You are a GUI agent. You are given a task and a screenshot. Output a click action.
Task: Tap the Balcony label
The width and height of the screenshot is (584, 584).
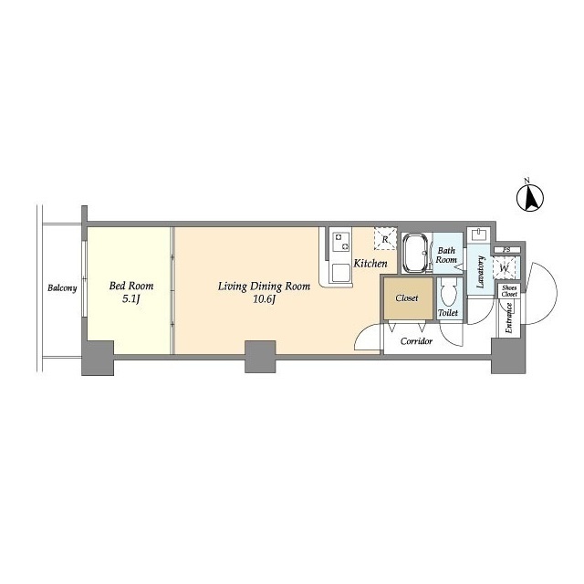[x=62, y=288]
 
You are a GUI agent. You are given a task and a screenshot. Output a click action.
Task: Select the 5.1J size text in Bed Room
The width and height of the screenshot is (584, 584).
[x=130, y=298]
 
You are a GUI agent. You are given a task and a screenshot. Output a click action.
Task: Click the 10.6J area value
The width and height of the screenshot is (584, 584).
[x=264, y=299]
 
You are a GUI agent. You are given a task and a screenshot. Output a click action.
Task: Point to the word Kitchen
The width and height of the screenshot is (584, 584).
[x=370, y=264]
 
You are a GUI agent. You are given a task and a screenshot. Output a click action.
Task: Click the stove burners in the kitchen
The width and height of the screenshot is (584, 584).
[x=341, y=241]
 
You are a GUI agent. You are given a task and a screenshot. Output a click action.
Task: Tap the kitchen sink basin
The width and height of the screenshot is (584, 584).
[x=341, y=273]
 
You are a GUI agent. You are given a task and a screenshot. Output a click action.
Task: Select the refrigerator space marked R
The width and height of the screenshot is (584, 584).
[x=385, y=238]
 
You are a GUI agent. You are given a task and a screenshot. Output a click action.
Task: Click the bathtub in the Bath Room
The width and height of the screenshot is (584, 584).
[x=416, y=254]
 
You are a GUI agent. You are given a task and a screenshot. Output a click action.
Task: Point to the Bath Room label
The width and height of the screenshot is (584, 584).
[x=446, y=255]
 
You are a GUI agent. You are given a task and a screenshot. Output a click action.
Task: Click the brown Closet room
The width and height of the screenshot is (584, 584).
[x=408, y=298]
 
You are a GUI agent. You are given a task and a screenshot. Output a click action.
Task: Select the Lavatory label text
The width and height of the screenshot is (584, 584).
[x=481, y=272]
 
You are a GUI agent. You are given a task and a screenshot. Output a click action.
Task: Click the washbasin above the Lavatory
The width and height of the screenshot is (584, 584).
[x=480, y=235]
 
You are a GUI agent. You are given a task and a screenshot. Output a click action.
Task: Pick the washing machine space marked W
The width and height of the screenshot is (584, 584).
[x=505, y=267]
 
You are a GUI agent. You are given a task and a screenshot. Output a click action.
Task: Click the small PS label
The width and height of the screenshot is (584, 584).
[x=506, y=250]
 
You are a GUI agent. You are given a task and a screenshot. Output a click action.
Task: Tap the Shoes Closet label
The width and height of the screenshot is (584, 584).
[x=509, y=291]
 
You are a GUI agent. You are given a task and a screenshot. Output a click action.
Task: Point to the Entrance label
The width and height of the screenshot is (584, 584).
[x=509, y=318]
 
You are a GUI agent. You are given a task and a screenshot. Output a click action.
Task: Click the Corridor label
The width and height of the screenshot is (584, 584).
[x=416, y=341]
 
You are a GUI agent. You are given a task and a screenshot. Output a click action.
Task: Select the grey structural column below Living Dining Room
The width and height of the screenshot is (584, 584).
[x=260, y=357]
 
